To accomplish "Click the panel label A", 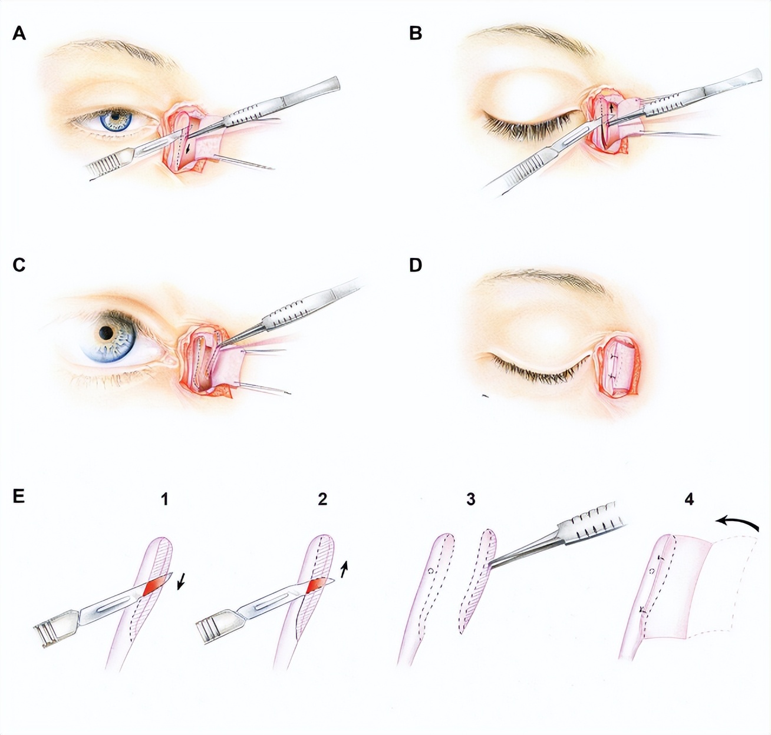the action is (x=19, y=34).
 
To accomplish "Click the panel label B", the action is (x=416, y=34).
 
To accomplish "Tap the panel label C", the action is (x=19, y=266).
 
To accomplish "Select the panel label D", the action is (x=416, y=266).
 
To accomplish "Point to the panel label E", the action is (x=18, y=496).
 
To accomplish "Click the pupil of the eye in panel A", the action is (x=116, y=117).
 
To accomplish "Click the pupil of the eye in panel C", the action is (x=106, y=333).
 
